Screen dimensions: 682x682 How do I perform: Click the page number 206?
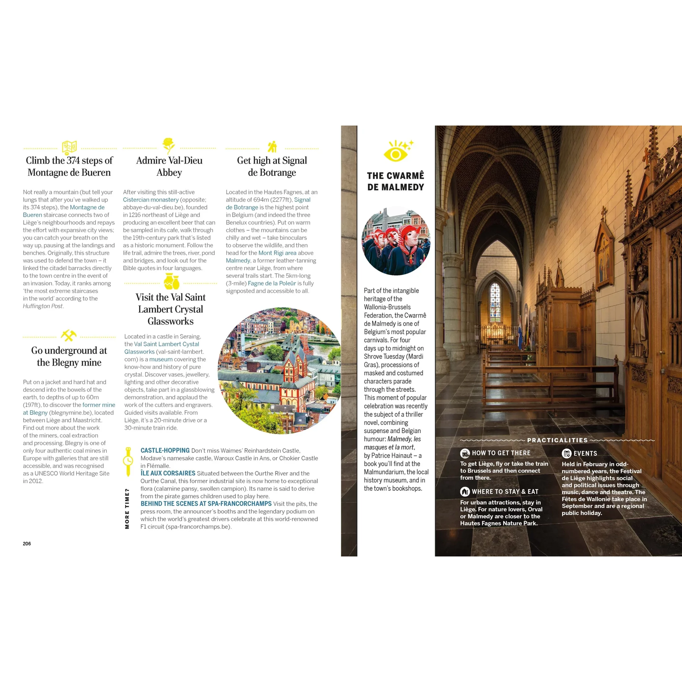(x=27, y=544)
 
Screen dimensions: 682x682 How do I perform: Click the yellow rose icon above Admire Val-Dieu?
(x=169, y=145)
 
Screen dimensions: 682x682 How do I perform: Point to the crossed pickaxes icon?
(x=69, y=335)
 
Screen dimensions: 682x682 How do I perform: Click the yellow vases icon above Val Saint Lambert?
(x=171, y=282)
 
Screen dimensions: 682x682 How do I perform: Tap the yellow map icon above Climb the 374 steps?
(x=69, y=147)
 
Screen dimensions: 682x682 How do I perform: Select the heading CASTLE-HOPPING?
(x=165, y=451)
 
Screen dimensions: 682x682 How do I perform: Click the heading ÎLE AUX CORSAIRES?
(x=168, y=473)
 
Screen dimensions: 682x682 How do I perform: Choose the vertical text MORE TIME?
(x=127, y=509)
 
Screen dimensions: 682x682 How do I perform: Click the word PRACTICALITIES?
(x=557, y=440)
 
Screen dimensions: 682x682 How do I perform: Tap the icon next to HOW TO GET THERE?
(x=465, y=453)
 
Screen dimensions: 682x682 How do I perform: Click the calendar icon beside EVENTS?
(x=566, y=454)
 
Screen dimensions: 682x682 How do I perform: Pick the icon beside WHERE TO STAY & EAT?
(x=465, y=491)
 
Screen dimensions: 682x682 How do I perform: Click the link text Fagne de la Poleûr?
(x=272, y=283)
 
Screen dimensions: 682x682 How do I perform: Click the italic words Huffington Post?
(x=43, y=306)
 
